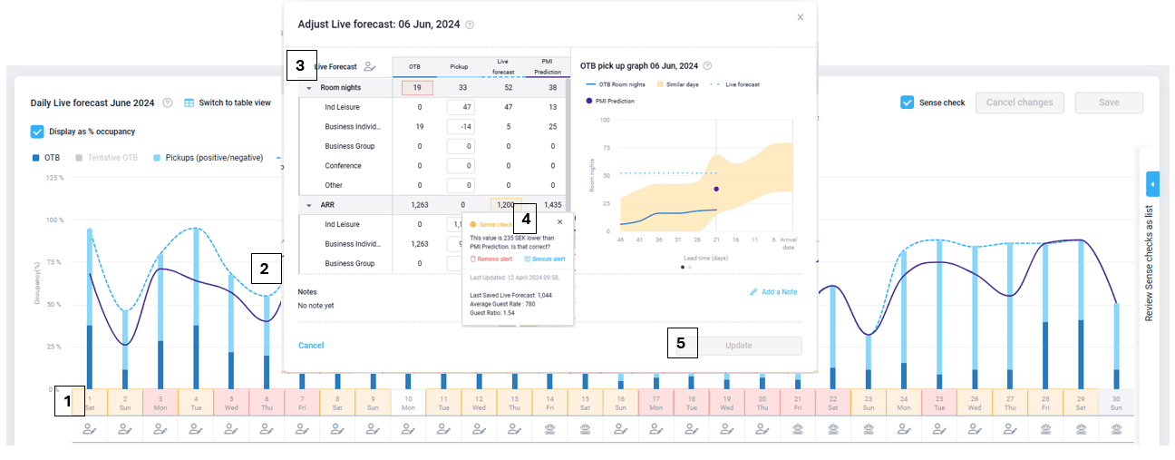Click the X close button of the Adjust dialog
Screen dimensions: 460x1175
(800, 16)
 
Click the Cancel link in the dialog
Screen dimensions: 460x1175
(311, 346)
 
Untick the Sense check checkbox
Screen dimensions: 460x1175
(907, 103)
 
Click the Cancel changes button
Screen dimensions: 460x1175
(1019, 103)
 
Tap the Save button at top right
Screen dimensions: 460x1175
(1108, 103)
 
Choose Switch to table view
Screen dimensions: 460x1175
(228, 103)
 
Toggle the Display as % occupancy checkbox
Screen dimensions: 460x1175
(37, 131)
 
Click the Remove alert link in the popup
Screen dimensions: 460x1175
(490, 259)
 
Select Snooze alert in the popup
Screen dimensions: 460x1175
(544, 259)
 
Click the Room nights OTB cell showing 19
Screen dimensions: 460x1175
(419, 88)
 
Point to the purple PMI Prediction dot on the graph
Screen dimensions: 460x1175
(716, 189)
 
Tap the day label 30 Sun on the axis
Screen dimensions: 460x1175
(1115, 401)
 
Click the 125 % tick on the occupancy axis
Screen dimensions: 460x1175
(54, 178)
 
